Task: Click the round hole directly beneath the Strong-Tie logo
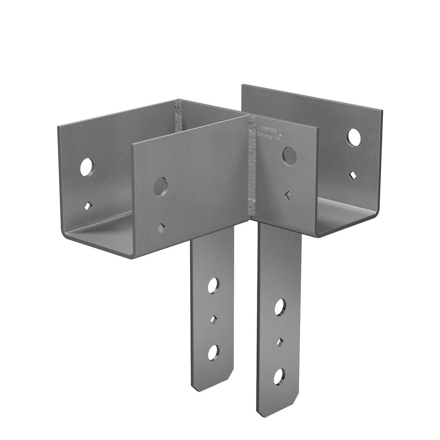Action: pyautogui.click(x=289, y=156)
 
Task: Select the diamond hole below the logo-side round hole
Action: pyautogui.click(x=287, y=196)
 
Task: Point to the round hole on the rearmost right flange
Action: pyautogui.click(x=353, y=137)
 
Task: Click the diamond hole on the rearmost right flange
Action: pyautogui.click(x=352, y=176)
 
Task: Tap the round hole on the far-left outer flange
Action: pyautogui.click(x=87, y=167)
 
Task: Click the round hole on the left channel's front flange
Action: pyautogui.click(x=161, y=187)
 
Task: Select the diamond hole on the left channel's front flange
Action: pyautogui.click(x=161, y=227)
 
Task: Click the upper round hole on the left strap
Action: pyautogui.click(x=213, y=286)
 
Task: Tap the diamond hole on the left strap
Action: pyautogui.click(x=213, y=319)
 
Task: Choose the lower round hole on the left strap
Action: pyautogui.click(x=213, y=352)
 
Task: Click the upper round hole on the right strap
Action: pyautogui.click(x=280, y=307)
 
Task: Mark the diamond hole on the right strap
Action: pyautogui.click(x=279, y=342)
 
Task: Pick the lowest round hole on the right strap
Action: pyautogui.click(x=279, y=376)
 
